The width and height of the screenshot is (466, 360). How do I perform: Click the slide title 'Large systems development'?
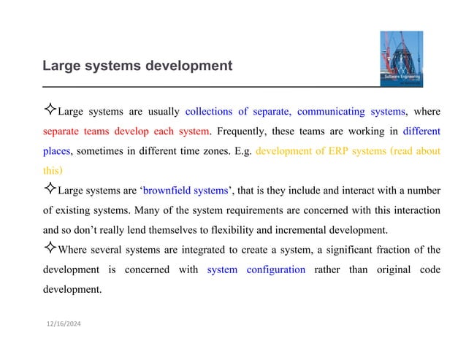(x=137, y=66)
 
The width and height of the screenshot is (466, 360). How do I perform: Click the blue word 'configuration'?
(x=274, y=269)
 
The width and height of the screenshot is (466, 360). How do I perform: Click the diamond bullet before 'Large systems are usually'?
(x=49, y=112)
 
